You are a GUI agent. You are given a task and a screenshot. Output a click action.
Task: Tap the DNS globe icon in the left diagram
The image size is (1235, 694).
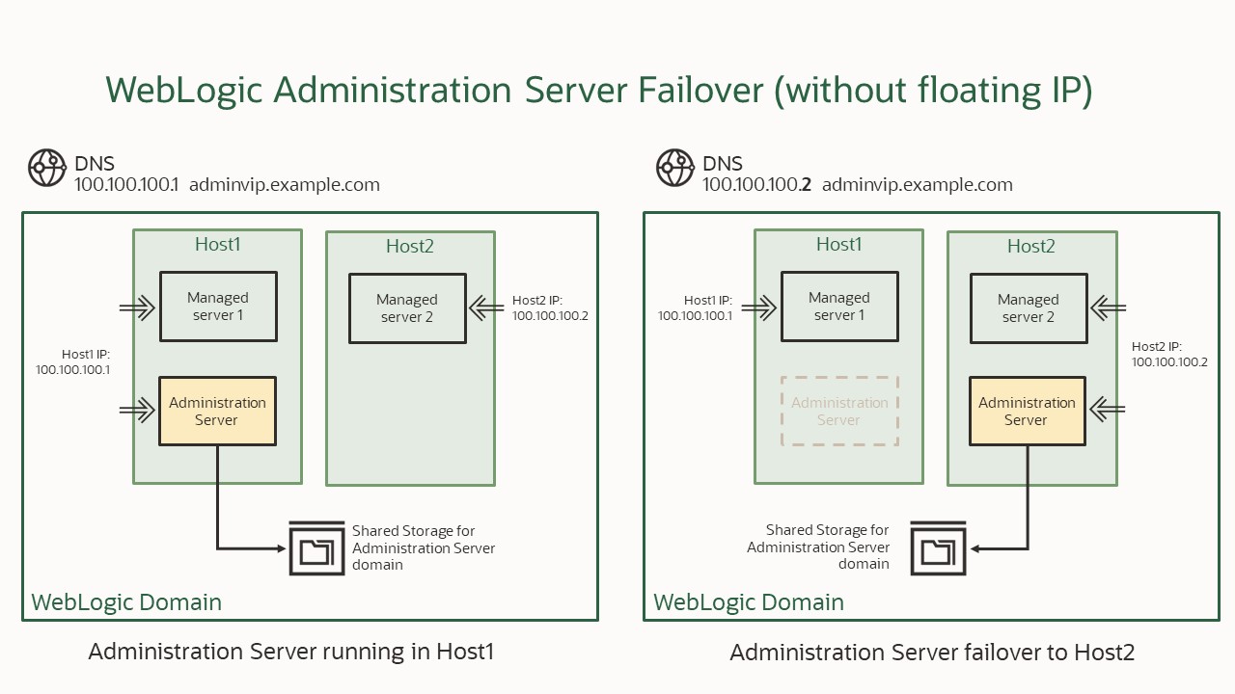[46, 168]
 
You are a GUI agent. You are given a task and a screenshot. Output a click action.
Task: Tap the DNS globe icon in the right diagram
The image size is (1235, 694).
[674, 168]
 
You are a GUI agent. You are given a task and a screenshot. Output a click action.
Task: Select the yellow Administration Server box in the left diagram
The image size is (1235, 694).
[217, 411]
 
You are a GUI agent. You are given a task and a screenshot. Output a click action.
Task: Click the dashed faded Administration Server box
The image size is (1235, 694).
[839, 411]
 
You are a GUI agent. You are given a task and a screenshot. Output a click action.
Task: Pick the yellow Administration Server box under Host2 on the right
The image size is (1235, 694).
[1027, 411]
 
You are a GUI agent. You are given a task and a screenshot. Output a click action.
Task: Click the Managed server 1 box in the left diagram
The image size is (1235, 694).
[218, 307]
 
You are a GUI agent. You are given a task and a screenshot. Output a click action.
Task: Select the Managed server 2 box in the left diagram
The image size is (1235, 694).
[407, 308]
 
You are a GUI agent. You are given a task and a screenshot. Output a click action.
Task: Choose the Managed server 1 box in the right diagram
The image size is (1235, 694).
[839, 307]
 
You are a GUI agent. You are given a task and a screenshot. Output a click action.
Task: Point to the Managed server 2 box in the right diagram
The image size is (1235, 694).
[1028, 308]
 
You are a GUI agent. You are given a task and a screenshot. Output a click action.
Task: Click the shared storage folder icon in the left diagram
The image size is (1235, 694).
[316, 548]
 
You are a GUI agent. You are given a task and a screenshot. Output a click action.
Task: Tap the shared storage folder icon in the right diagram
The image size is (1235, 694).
[938, 548]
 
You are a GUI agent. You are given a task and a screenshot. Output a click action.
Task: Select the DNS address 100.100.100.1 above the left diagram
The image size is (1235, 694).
[126, 185]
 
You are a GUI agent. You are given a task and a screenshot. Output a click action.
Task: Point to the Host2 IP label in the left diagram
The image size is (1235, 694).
[550, 307]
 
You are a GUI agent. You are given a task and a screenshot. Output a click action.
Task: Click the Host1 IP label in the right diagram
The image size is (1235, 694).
[696, 307]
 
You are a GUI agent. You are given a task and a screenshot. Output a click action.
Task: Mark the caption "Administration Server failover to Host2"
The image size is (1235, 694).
[931, 653]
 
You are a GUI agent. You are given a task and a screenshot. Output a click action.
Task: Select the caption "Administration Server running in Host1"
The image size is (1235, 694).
[290, 652]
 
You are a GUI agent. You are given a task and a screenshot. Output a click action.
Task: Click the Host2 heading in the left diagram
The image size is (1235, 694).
[410, 247]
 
